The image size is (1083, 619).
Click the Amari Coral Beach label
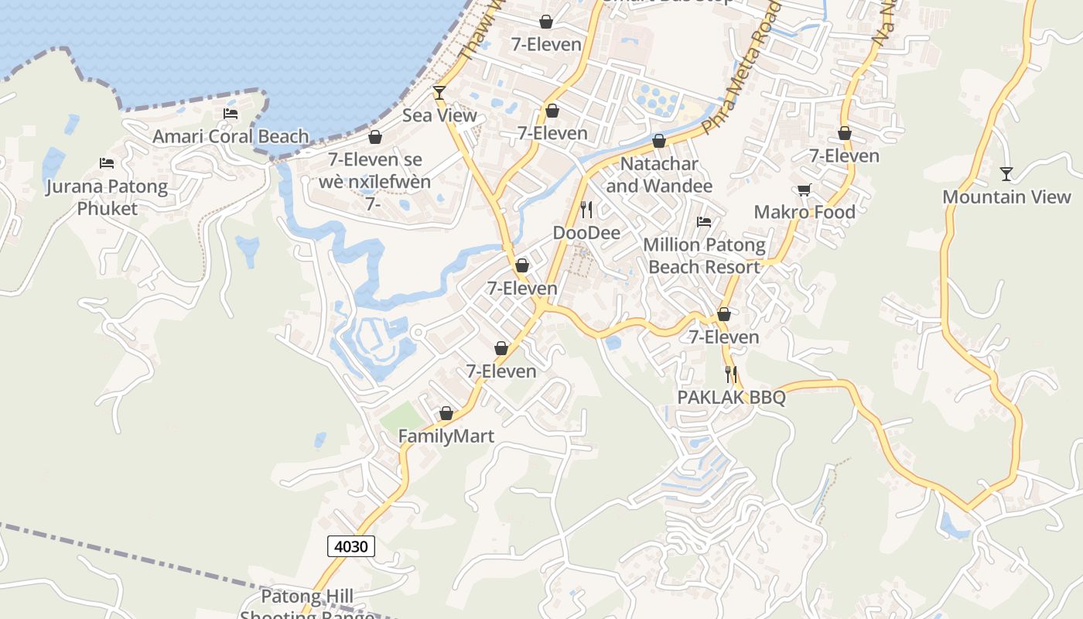[231, 137]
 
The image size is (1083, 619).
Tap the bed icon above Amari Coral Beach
[231, 114]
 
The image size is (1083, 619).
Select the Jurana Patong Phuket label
[107, 197]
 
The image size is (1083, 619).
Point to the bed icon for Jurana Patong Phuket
[107, 163]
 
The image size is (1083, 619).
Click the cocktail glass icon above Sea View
[439, 93]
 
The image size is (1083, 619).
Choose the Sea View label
[439, 115]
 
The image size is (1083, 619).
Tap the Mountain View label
[1006, 197]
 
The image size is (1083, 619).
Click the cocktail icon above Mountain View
[1006, 173]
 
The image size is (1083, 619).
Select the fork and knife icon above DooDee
[586, 209]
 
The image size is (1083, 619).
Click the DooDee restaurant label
[586, 232]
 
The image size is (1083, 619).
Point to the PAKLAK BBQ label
[731, 398]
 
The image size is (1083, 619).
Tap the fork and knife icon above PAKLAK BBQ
[731, 374]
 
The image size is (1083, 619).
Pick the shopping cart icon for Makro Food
[805, 190]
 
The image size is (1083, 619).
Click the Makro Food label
[805, 212]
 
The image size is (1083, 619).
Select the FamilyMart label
[446, 436]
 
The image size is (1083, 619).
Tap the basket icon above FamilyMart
[446, 414]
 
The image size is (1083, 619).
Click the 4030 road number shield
[351, 546]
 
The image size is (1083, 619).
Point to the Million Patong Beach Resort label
[704, 256]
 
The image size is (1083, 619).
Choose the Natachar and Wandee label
[659, 175]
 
